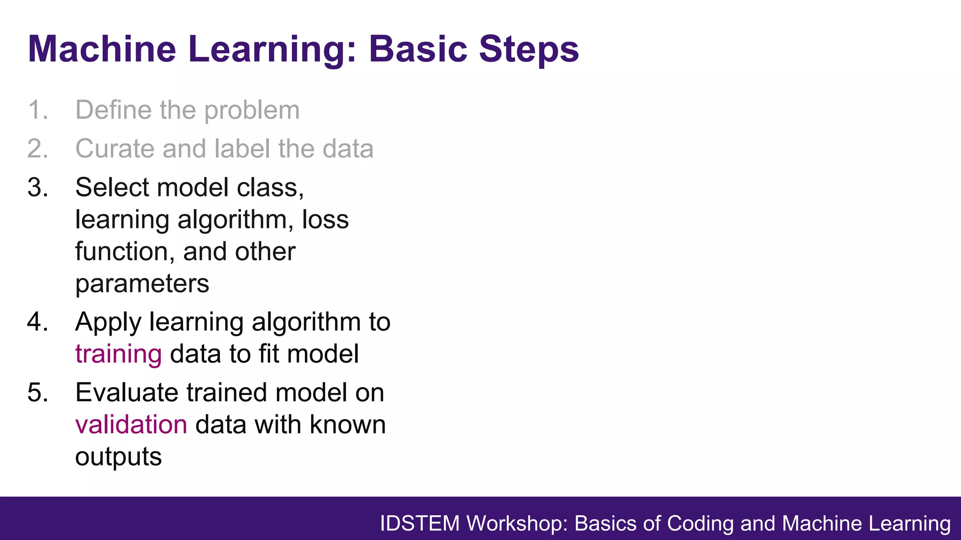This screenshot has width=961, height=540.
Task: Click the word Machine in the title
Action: click(102, 49)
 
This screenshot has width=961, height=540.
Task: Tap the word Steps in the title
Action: click(529, 49)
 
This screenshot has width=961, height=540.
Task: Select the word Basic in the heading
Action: click(418, 49)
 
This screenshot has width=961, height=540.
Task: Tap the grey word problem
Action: click(252, 111)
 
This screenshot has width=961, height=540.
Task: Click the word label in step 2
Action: click(242, 149)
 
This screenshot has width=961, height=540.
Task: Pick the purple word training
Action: click(118, 354)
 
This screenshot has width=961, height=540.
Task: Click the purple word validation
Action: click(131, 425)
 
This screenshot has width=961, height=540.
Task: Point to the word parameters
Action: click(142, 284)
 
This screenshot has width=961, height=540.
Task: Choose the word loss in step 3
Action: click(325, 219)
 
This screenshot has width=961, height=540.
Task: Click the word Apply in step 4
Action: click(108, 323)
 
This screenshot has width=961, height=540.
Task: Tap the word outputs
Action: click(118, 457)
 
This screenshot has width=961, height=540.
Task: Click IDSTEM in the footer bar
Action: click(419, 524)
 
